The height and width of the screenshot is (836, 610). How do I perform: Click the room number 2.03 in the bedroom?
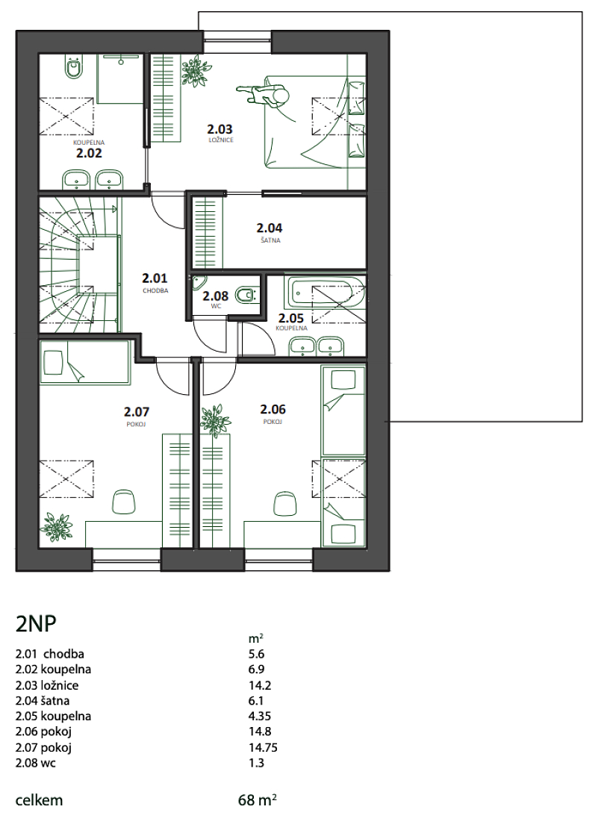[220, 129]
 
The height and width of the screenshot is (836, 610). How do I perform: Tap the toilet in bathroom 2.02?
[73, 67]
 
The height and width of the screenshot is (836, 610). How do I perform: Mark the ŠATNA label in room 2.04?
[271, 240]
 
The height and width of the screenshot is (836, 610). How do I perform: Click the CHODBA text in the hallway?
[155, 291]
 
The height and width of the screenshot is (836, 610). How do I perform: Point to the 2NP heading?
[36, 623]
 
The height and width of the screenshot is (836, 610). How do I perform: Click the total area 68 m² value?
[257, 799]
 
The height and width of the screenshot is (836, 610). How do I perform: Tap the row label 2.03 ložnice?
[47, 685]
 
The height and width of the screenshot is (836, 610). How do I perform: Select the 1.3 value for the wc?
[257, 763]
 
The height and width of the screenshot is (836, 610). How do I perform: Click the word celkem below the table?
[40, 800]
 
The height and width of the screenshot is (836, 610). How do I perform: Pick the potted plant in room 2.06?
[216, 419]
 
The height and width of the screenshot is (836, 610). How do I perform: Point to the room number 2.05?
[291, 319]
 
